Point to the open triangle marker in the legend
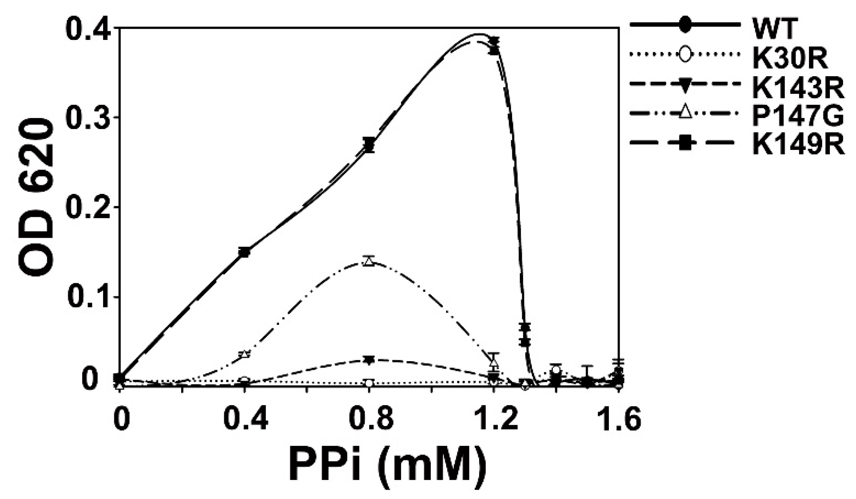[685, 114]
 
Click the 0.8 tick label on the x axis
[370, 419]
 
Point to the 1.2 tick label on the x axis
[494, 419]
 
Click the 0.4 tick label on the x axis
[245, 419]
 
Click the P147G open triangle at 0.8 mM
[369, 261]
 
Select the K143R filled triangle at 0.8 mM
[369, 359]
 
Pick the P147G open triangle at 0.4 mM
[245, 354]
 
